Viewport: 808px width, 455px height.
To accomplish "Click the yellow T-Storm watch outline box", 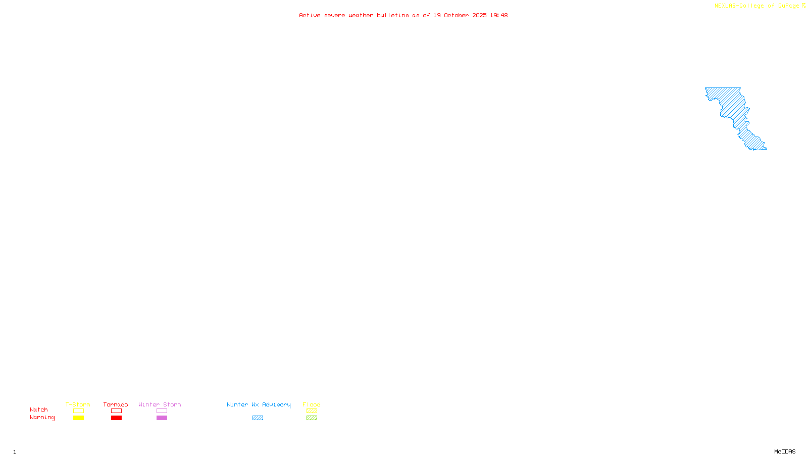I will (78, 411).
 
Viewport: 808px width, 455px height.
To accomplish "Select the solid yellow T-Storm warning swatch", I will (78, 418).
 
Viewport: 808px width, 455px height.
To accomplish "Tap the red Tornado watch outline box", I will (116, 411).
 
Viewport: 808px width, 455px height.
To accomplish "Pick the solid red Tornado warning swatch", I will (116, 418).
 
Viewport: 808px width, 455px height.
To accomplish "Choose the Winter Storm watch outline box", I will (162, 411).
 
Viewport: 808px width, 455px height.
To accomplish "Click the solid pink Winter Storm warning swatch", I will (162, 418).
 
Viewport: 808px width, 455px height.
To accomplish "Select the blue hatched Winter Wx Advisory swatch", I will (258, 418).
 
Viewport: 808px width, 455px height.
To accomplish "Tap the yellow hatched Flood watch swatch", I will (312, 411).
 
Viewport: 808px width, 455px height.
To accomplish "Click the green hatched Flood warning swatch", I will (312, 418).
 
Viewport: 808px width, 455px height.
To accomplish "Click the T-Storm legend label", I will (78, 404).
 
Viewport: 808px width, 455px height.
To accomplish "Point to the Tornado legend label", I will (116, 404).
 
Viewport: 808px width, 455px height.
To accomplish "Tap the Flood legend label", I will (312, 404).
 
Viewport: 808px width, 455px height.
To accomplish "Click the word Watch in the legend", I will (39, 409).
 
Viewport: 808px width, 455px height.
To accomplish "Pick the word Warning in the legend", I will (42, 418).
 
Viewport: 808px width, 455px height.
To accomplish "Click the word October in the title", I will (456, 15).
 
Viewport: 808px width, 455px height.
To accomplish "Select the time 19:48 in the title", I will (498, 15).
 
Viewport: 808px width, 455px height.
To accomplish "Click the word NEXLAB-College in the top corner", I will (739, 6).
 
